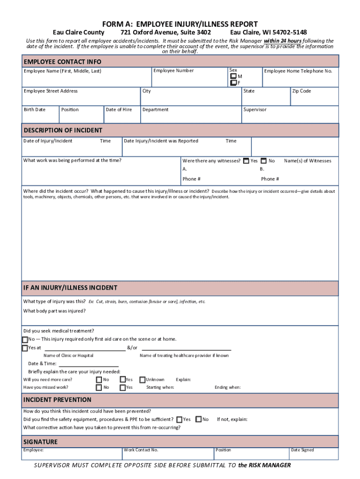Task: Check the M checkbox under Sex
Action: point(233,76)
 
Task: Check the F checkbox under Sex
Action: point(233,83)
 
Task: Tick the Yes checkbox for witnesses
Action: point(246,160)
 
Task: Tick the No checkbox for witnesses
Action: point(264,160)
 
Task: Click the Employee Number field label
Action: point(173,71)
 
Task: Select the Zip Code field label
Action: point(302,91)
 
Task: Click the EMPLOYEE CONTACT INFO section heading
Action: point(62,62)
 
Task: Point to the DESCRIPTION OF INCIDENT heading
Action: point(63,130)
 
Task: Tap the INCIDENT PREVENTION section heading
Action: point(57,400)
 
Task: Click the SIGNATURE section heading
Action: point(40,442)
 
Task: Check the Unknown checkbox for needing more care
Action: point(143,380)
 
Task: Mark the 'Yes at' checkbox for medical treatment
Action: point(25,348)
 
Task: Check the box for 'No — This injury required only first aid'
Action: point(25,339)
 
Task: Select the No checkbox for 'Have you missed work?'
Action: point(99,387)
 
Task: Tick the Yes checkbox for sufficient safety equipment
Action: point(179,420)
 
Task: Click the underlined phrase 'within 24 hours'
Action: point(282,41)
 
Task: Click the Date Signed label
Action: point(302,450)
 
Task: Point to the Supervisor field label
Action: point(255,109)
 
